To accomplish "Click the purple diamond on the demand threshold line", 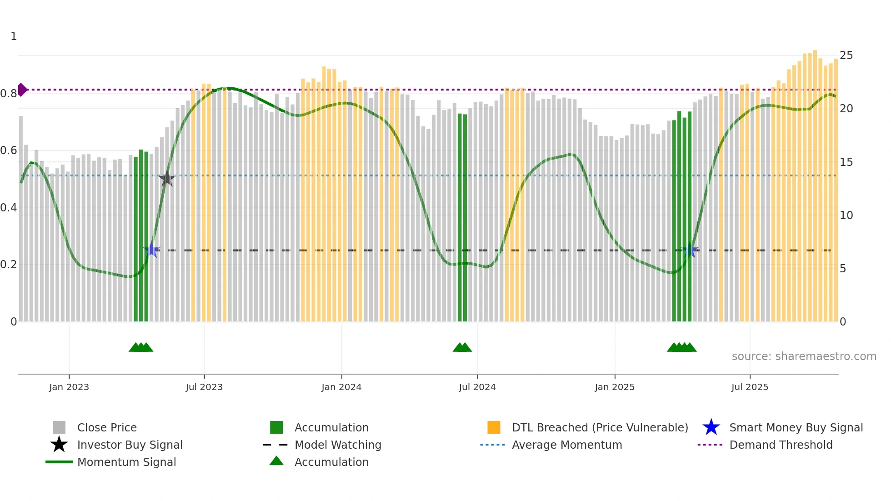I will click(22, 90).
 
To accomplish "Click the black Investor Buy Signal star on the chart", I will click(167, 179).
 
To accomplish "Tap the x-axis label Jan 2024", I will click(341, 387).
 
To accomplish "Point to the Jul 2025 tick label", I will click(750, 387).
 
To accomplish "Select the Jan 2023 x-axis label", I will click(69, 387).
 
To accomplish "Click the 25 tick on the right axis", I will click(846, 55).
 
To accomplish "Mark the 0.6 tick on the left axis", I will click(9, 150).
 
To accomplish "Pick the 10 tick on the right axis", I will click(846, 215).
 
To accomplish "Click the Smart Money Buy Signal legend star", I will click(711, 427).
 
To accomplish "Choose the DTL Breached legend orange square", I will click(494, 427).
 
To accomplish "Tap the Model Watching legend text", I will click(338, 445).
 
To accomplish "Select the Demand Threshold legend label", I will click(781, 445).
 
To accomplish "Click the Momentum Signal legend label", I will click(126, 462).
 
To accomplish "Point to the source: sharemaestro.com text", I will click(804, 356).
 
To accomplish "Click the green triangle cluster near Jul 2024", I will click(462, 347).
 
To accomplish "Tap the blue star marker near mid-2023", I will click(151, 250).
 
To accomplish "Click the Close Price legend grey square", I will click(59, 427).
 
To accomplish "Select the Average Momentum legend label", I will click(567, 445).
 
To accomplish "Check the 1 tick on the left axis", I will click(14, 36).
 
